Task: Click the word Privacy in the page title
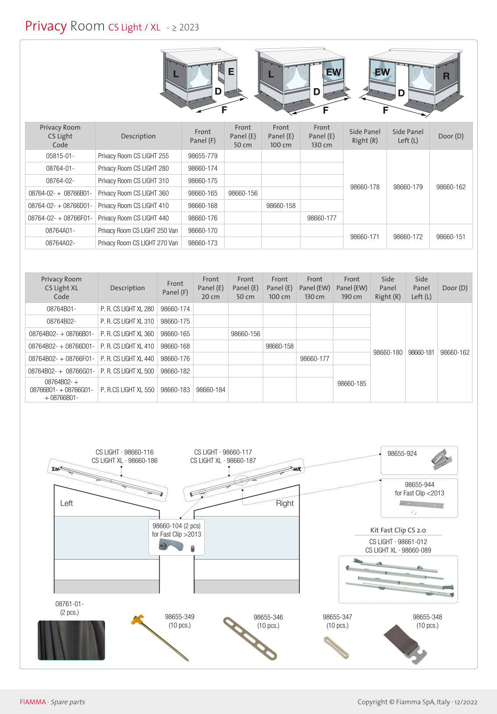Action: [46, 26]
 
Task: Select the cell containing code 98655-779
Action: [203, 156]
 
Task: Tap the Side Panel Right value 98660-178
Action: [365, 187]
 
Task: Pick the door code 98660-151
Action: [451, 237]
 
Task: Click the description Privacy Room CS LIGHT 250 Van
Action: [138, 230]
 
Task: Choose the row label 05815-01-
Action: [60, 156]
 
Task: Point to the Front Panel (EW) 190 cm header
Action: [351, 288]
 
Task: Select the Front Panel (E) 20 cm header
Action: [211, 288]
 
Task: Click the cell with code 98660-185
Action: [351, 384]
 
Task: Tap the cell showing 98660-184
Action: [211, 390]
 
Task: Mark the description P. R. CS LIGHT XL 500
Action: [127, 371]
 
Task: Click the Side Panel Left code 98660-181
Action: [421, 352]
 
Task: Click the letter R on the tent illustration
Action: [446, 76]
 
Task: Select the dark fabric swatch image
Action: [71, 640]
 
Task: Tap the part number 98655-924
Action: [402, 454]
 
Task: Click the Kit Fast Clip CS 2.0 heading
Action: [398, 530]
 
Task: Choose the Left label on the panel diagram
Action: [67, 503]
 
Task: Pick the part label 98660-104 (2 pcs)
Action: [176, 526]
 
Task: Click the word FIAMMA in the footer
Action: [32, 702]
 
